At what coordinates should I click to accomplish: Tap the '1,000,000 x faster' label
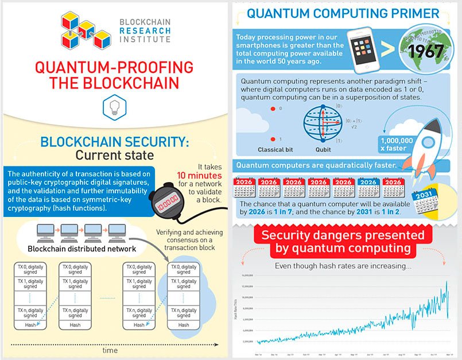[396, 144]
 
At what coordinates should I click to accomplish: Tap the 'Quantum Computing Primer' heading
[343, 13]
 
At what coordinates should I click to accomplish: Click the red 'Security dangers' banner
[343, 242]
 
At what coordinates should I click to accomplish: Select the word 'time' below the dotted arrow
[110, 350]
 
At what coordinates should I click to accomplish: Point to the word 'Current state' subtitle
[115, 155]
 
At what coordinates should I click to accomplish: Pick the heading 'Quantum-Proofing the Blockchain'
[114, 75]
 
